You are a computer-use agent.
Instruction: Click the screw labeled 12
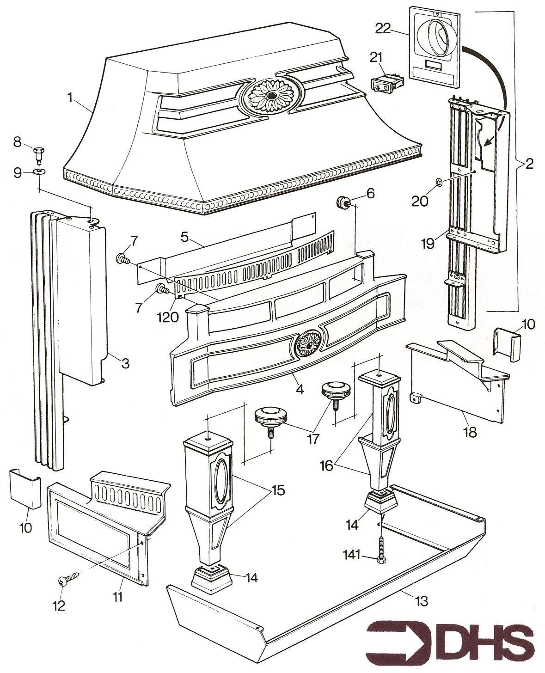[67, 578]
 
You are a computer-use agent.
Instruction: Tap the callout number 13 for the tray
[422, 601]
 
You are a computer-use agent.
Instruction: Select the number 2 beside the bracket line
[529, 164]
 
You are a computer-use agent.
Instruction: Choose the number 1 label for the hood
[70, 98]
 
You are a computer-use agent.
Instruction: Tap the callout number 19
[428, 243]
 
